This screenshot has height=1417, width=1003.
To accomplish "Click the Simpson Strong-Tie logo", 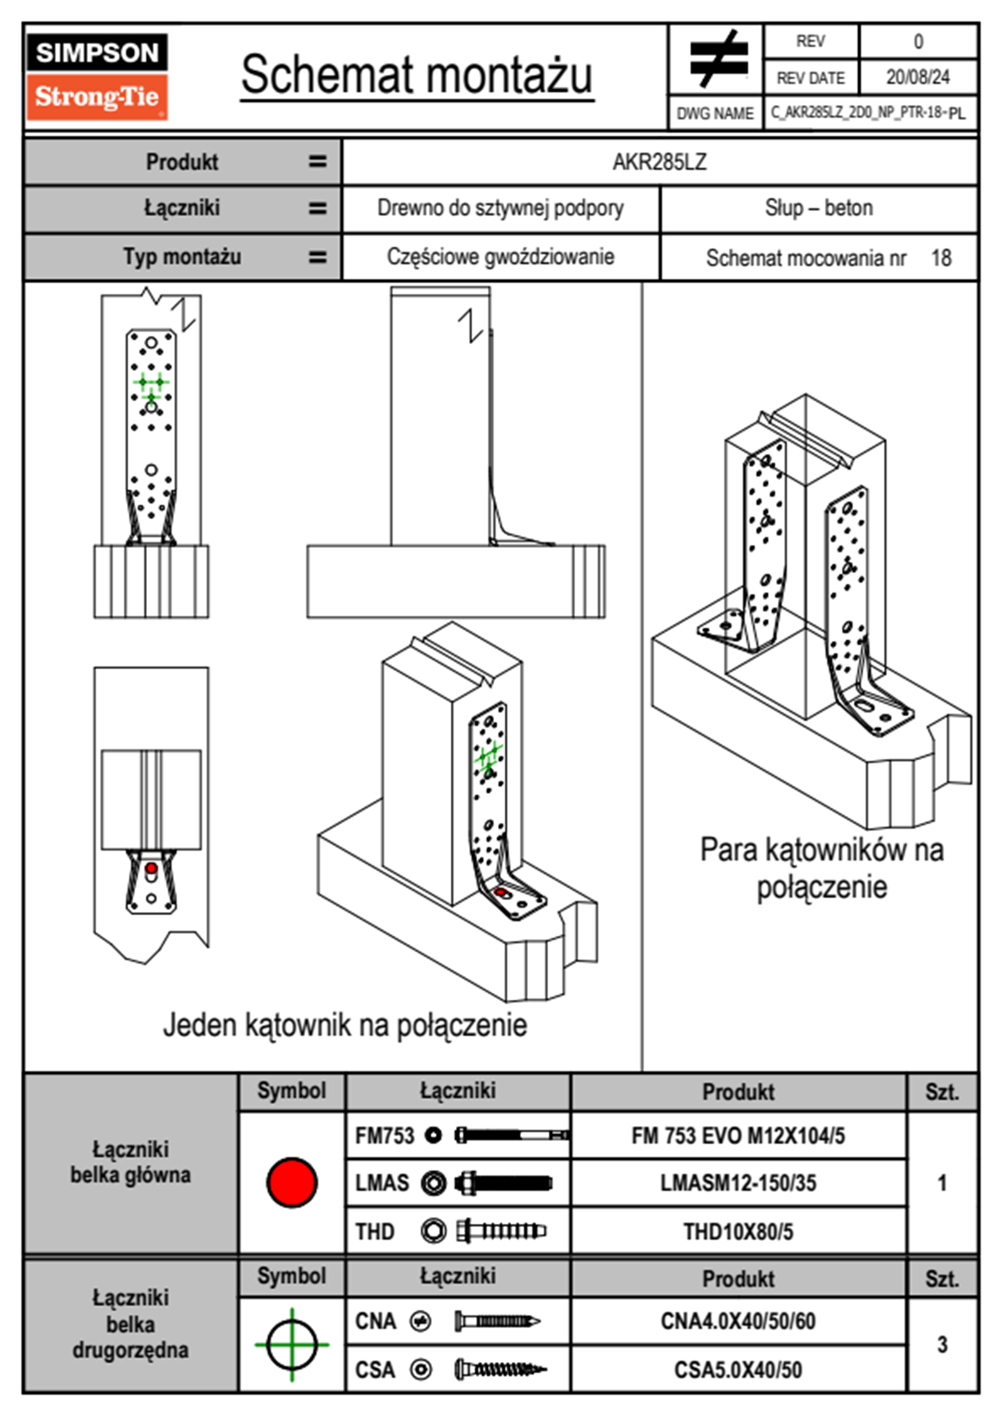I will pyautogui.click(x=96, y=77).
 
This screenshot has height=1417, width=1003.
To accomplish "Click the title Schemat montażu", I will pyautogui.click(x=416, y=75).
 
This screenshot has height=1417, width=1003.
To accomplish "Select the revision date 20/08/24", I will pyautogui.click(x=917, y=78).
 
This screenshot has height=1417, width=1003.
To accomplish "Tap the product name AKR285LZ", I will pyautogui.click(x=659, y=162).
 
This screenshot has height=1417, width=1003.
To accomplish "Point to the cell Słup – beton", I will pyautogui.click(x=818, y=208).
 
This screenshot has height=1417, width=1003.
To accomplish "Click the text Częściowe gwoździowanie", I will pyautogui.click(x=500, y=257).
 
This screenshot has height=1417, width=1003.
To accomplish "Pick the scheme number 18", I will pyautogui.click(x=941, y=258).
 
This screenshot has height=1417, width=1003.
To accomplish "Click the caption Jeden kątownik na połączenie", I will pyautogui.click(x=345, y=1025).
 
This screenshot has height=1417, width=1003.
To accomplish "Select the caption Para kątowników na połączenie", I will pyautogui.click(x=821, y=868).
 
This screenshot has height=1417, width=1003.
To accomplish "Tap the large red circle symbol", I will pyautogui.click(x=292, y=1182).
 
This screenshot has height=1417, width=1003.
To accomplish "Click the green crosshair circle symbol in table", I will pyautogui.click(x=292, y=1345).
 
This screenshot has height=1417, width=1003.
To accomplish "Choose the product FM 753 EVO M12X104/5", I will pyautogui.click(x=737, y=1136).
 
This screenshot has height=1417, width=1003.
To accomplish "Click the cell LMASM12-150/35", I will pyautogui.click(x=737, y=1183).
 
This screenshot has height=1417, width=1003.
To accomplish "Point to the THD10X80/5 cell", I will pyautogui.click(x=737, y=1232).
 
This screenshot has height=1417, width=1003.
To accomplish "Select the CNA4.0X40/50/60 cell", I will pyautogui.click(x=737, y=1321).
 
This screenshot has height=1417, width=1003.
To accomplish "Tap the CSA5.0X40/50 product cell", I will pyautogui.click(x=737, y=1370).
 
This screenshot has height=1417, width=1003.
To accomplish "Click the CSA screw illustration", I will pyautogui.click(x=500, y=1370).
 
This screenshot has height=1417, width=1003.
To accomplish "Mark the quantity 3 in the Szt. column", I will pyautogui.click(x=941, y=1345).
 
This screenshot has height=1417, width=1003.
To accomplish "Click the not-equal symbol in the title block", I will pyautogui.click(x=718, y=59).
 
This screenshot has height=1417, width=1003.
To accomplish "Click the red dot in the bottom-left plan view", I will pyautogui.click(x=151, y=868).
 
